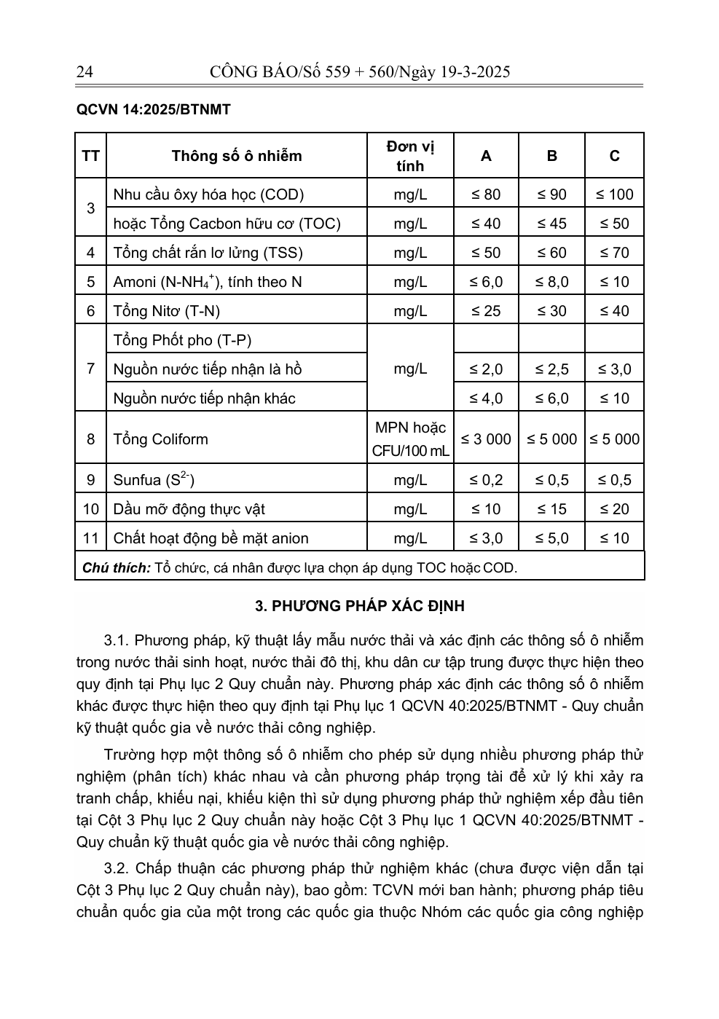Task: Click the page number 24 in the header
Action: coord(84,71)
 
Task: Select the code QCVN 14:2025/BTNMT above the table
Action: coord(153,110)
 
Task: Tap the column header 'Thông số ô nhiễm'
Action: coord(236,156)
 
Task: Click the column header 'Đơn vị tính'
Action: coord(410,156)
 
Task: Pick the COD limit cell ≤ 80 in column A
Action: coord(486,194)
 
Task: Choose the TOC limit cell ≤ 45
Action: coord(551,224)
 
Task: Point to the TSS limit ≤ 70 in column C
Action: coord(614,253)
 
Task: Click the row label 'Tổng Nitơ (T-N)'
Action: coord(166,311)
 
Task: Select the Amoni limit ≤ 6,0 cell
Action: coord(486,282)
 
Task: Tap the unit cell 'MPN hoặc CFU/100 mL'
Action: coord(410,439)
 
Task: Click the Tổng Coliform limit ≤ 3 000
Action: coord(486,439)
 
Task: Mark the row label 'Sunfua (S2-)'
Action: coord(154,480)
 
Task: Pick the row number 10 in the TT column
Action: coord(90,509)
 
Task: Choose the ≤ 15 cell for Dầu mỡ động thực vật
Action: coord(551,509)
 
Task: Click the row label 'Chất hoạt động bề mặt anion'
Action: coord(211,538)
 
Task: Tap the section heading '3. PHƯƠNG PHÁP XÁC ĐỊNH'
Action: coord(360,606)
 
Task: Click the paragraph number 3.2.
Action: coord(117,868)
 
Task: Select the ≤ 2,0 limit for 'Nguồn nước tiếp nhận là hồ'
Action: coord(486,369)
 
